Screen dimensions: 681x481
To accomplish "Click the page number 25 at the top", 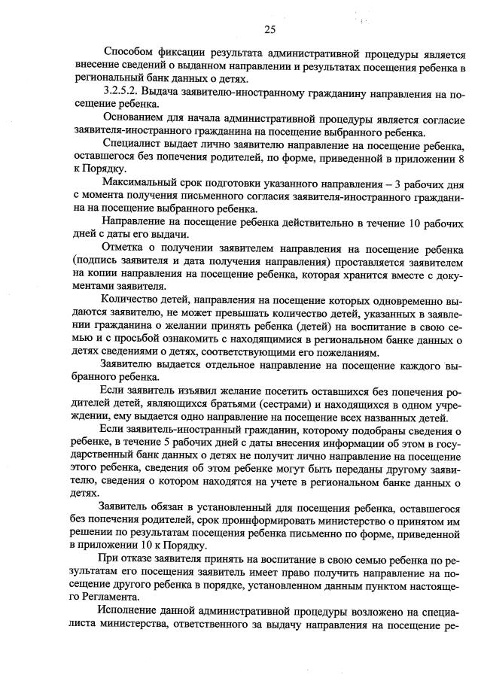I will click(x=270, y=29).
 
